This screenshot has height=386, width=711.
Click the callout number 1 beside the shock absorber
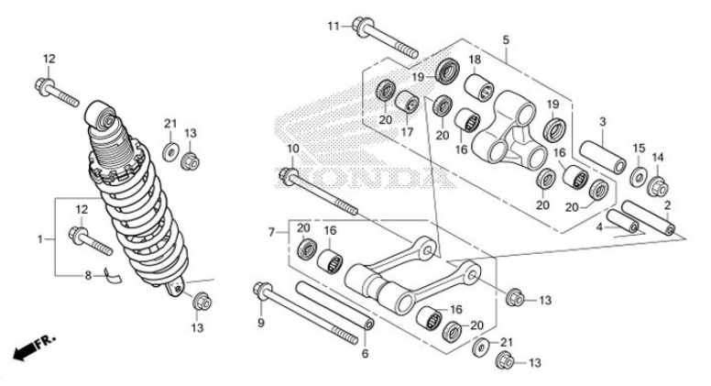click(x=40, y=239)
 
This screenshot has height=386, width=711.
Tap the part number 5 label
click(x=505, y=39)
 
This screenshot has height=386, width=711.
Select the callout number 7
click(x=271, y=233)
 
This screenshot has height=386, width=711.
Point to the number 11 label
click(x=334, y=25)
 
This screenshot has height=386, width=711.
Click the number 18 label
click(x=476, y=61)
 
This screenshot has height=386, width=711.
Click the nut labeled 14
click(x=657, y=189)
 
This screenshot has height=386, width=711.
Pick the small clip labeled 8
click(x=110, y=271)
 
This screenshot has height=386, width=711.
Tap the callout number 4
click(x=599, y=226)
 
